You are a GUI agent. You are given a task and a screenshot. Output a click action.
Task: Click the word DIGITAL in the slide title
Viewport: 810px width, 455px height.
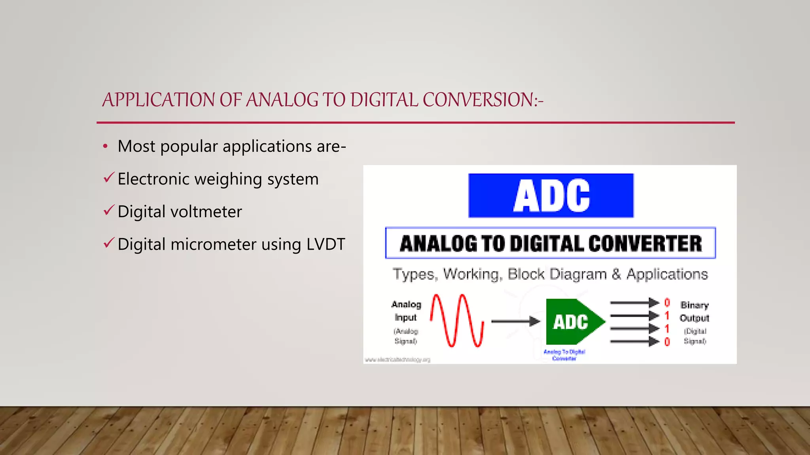384,100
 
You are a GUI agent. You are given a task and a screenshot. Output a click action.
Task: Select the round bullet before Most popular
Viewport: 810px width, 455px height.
105,147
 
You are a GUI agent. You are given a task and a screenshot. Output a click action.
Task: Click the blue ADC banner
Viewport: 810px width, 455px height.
551,196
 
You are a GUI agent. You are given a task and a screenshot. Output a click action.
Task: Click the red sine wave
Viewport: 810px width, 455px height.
457,321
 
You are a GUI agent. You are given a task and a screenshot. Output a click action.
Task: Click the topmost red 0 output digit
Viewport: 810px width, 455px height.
667,303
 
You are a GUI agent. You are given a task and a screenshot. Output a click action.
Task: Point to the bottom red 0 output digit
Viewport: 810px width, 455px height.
667,342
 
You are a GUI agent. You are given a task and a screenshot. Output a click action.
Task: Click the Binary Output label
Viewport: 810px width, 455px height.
694,312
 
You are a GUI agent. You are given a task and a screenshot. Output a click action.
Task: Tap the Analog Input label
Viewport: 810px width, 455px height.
406,311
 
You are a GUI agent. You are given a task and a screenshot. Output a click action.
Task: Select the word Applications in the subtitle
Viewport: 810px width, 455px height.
667,274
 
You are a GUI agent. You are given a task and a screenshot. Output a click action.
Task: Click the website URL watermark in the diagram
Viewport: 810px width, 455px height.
397,360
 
